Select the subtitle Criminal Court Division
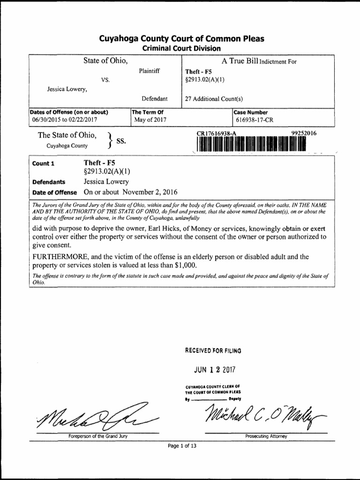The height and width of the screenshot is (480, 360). (x=181, y=48)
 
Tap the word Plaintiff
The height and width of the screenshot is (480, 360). (x=149, y=71)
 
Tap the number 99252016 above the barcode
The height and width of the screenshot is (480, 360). (x=304, y=134)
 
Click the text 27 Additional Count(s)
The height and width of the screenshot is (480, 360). (x=214, y=99)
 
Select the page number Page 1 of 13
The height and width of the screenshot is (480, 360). (x=182, y=446)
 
